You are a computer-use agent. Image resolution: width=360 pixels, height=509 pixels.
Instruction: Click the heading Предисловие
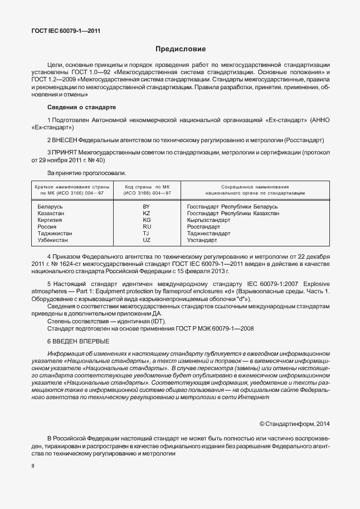pos(180,49)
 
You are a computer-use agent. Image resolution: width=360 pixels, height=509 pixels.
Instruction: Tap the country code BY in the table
pos(147,207)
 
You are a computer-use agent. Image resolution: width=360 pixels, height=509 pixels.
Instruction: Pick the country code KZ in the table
pos(147,214)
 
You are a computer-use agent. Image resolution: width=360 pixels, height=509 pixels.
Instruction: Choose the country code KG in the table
pos(147,220)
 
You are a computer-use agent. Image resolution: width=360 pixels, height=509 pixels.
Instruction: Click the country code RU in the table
pos(147,227)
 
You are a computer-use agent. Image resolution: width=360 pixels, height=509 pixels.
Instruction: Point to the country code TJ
pos(147,234)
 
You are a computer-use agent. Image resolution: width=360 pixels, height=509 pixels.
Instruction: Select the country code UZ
pos(147,240)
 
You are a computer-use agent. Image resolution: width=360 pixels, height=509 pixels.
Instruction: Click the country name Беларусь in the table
pos(50,207)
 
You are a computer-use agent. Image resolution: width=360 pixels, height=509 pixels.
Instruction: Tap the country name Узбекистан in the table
pos(52,240)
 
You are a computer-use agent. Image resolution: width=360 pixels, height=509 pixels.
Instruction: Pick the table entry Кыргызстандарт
pos(208,220)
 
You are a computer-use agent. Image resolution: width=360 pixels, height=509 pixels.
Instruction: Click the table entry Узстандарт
pos(202,240)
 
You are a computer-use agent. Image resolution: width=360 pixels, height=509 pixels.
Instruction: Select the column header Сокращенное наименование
pos(255,186)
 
